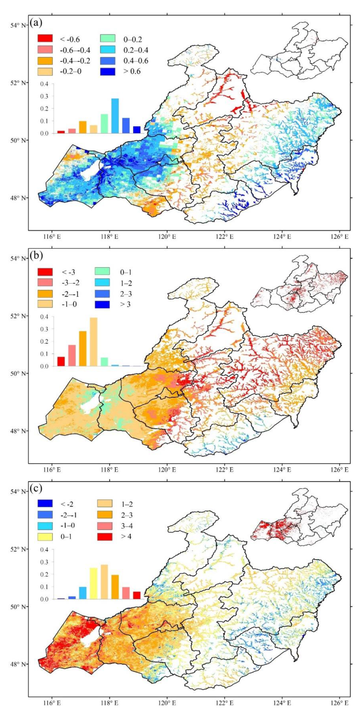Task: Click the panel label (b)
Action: pos(36,256)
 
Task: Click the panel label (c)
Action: pos(36,488)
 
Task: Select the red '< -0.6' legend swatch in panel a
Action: pos(45,38)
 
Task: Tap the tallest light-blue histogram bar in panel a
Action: pos(115,116)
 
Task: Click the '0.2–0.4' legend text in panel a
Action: pos(136,50)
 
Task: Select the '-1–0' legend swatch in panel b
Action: pos(45,304)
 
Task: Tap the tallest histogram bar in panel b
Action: pos(93,342)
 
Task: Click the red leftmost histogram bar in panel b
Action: pos(61,361)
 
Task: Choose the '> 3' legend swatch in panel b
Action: pos(102,304)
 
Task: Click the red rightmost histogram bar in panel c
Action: pos(137,595)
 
